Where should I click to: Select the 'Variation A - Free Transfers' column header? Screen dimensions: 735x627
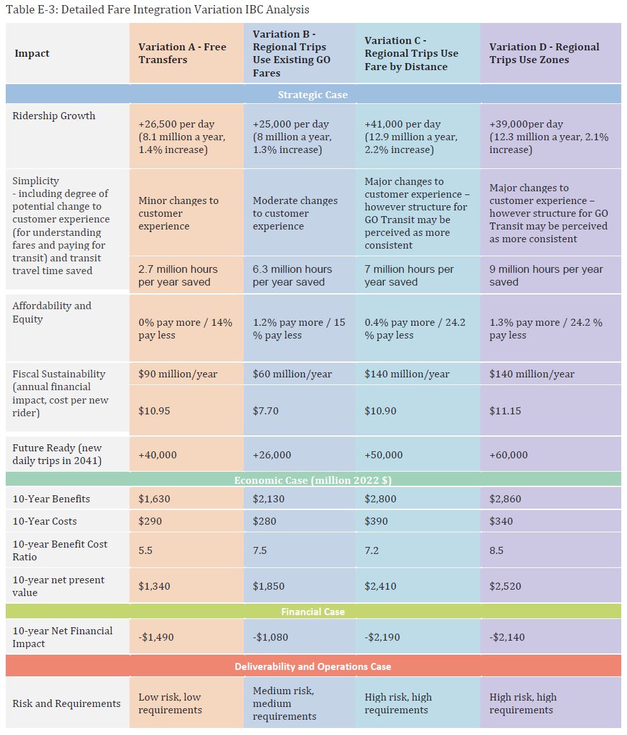[182, 54]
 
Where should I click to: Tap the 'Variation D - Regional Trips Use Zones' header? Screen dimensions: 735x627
[544, 54]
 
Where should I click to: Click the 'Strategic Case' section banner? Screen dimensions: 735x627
[313, 94]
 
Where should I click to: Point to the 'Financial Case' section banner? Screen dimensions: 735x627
[313, 611]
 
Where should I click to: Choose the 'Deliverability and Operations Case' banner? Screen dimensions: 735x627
[313, 666]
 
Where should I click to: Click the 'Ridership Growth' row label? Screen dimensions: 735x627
[54, 116]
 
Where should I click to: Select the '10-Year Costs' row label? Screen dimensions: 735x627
[45, 521]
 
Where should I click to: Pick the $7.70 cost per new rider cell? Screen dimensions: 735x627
[266, 411]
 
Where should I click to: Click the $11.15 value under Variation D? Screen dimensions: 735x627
[505, 411]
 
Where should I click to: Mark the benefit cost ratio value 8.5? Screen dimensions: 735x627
[496, 550]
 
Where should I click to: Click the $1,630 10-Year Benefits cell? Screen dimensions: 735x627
[154, 498]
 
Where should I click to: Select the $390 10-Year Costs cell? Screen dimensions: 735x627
[376, 521]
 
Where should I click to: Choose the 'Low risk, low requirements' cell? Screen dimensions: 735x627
[170, 703]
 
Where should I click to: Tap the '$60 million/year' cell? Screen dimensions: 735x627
[292, 374]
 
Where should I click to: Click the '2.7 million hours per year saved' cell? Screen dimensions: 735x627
[178, 275]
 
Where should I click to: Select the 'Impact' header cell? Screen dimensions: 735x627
[32, 54]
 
